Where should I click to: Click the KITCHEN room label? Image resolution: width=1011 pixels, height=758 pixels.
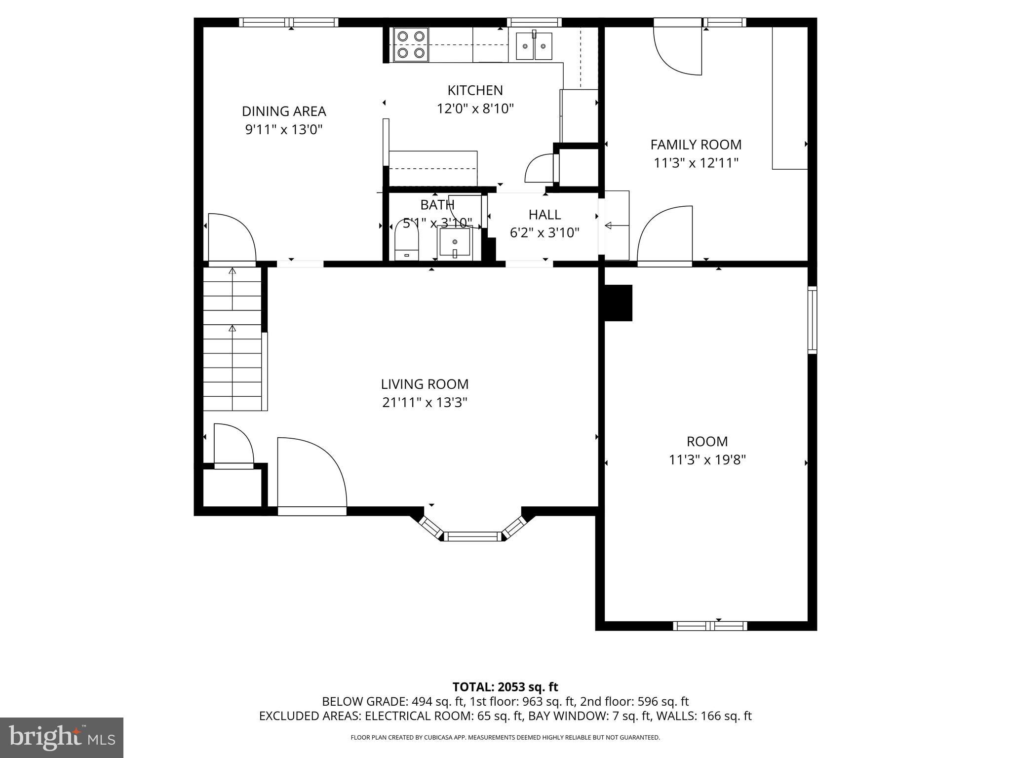475,90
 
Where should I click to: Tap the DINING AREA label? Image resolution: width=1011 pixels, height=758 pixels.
284,112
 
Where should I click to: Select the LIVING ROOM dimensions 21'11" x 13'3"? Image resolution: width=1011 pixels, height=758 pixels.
425,403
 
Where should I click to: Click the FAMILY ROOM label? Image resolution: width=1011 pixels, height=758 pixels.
696,145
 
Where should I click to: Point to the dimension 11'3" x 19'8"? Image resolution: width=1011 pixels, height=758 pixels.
707,460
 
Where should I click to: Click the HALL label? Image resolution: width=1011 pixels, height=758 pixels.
544,215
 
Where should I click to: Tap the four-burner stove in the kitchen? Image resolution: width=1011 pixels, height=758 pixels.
411,44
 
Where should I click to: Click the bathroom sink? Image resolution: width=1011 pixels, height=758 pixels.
454,243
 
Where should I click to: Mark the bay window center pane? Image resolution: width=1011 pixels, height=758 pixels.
472,536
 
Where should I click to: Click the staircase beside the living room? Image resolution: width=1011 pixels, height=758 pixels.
232,341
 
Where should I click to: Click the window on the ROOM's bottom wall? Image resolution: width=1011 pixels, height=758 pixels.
710,626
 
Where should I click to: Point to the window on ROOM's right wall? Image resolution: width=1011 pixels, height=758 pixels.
812,320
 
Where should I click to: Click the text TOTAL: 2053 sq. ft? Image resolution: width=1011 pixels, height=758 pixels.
505,687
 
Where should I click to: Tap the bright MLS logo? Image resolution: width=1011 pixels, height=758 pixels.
62,737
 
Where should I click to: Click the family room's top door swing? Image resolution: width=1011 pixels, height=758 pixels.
677,49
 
